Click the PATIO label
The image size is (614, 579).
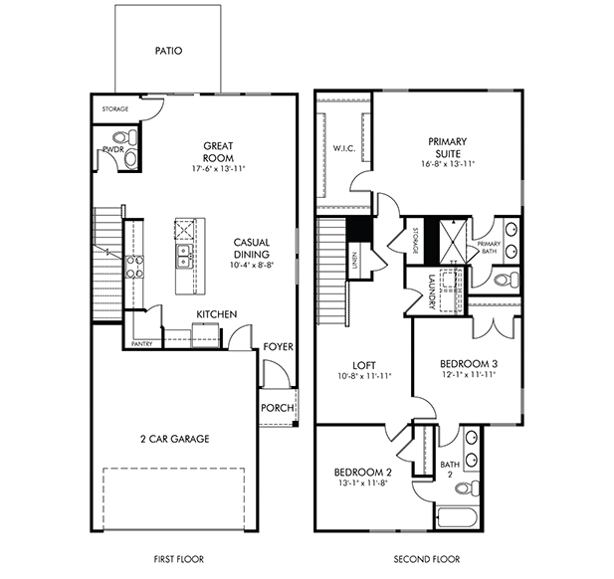click(168, 51)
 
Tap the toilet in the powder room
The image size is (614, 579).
click(125, 137)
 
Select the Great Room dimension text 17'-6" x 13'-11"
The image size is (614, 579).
click(218, 169)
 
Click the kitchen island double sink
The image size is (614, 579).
click(183, 257)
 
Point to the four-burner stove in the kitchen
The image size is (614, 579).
click(134, 267)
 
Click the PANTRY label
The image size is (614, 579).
click(141, 344)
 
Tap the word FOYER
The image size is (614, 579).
click(278, 347)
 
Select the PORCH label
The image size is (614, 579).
click(278, 408)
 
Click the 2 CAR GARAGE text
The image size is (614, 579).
click(174, 439)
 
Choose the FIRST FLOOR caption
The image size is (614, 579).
click(179, 559)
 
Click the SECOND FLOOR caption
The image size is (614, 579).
click(427, 559)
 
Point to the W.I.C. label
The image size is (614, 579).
click(344, 148)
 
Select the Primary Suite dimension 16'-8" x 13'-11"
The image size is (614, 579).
click(448, 163)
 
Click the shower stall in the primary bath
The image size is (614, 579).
click(454, 242)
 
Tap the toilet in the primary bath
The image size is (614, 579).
click(507, 280)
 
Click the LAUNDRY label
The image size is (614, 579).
click(432, 291)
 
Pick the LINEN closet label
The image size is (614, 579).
click(354, 260)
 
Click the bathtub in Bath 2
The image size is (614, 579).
click(458, 516)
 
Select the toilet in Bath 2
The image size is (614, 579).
click(467, 488)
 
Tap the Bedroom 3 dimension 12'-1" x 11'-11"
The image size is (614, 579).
click(469, 374)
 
